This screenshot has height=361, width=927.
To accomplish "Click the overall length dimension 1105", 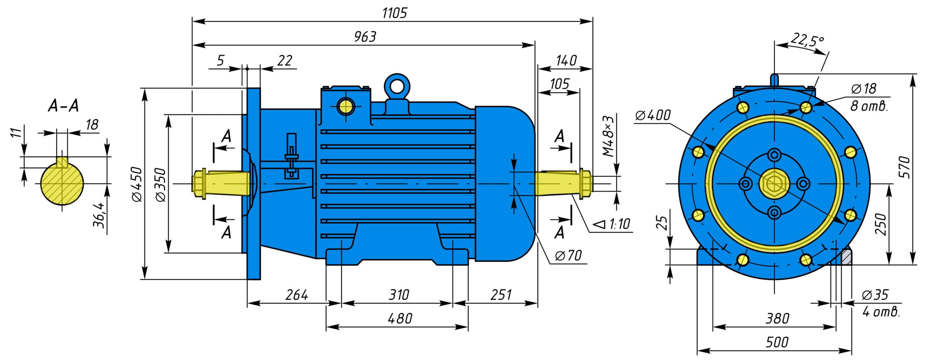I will [394, 13].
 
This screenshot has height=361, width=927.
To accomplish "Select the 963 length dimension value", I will [365, 37].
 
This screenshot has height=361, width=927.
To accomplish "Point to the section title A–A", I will [63, 106].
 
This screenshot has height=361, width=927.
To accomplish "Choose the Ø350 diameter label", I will [160, 184].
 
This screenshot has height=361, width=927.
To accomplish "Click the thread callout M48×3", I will [609, 136].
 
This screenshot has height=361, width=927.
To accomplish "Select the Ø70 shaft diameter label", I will [568, 256].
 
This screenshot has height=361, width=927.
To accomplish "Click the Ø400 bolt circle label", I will [653, 115].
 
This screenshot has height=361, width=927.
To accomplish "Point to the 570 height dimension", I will [904, 167].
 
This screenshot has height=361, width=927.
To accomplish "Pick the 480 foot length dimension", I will [400, 319].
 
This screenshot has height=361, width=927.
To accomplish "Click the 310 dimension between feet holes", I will [399, 295].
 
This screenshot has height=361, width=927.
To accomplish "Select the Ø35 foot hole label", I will [875, 295].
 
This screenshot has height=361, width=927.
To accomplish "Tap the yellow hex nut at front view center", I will [774, 184].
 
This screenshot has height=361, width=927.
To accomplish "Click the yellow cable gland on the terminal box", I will [345, 106].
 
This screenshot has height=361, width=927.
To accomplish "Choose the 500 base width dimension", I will [777, 342].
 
